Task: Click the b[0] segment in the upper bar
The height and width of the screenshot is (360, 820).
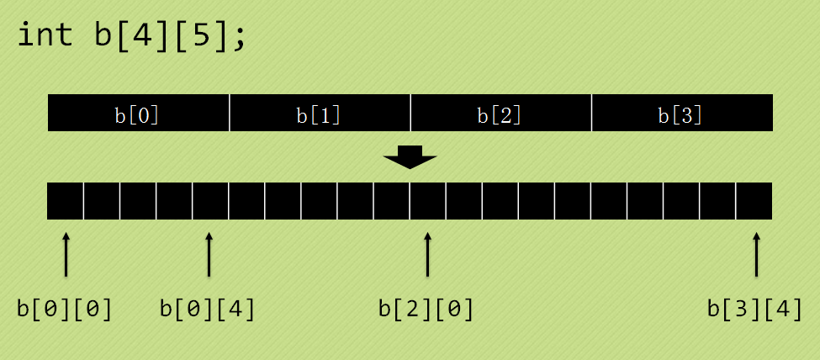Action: point(137,114)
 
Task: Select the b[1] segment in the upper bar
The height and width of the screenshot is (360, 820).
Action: point(319,114)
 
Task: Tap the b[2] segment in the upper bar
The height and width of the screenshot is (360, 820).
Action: point(500,114)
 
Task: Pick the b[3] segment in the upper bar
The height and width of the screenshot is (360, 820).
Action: point(681,114)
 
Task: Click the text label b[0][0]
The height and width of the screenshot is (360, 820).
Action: point(65,310)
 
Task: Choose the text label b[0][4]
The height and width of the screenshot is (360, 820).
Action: point(208,310)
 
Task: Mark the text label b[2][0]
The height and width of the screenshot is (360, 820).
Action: point(426,310)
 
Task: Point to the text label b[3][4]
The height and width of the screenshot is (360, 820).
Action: point(754,310)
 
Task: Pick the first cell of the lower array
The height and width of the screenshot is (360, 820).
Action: point(66,201)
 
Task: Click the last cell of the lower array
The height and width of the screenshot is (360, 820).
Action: point(754,201)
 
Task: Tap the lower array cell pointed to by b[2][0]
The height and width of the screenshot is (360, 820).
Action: point(428,201)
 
